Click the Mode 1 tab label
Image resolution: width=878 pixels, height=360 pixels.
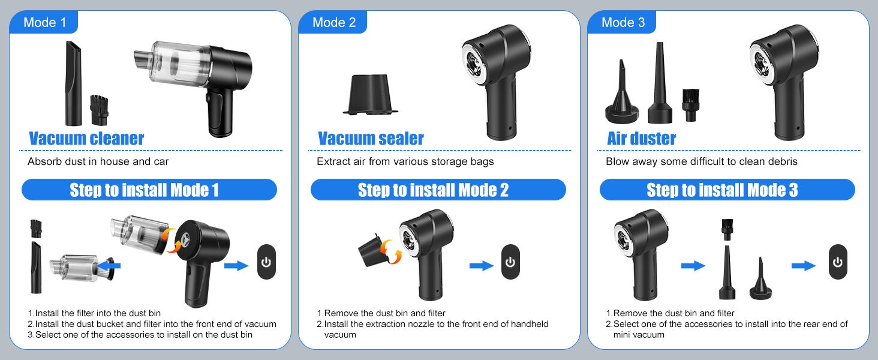click(44, 22)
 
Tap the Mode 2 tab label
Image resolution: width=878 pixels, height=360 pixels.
click(333, 22)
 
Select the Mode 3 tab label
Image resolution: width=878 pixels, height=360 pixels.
click(623, 22)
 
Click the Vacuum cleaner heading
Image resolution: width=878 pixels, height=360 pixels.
click(86, 139)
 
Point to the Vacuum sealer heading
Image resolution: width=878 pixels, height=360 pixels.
click(371, 139)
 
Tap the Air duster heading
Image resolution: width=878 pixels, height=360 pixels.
click(641, 139)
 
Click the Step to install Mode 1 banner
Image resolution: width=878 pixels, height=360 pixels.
click(149, 190)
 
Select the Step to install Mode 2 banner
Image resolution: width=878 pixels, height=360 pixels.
click(438, 190)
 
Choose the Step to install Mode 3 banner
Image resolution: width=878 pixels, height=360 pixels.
click(727, 190)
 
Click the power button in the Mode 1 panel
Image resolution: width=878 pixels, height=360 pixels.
click(266, 262)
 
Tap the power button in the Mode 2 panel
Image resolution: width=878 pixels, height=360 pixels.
click(510, 262)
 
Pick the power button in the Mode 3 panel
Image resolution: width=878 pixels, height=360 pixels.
click(838, 262)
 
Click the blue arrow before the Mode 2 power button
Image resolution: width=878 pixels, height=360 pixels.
click(482, 266)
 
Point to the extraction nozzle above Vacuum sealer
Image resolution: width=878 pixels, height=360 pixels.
click(371, 95)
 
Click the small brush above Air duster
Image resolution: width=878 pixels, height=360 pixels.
click(690, 105)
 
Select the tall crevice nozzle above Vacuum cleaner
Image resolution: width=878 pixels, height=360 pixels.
click(73, 83)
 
